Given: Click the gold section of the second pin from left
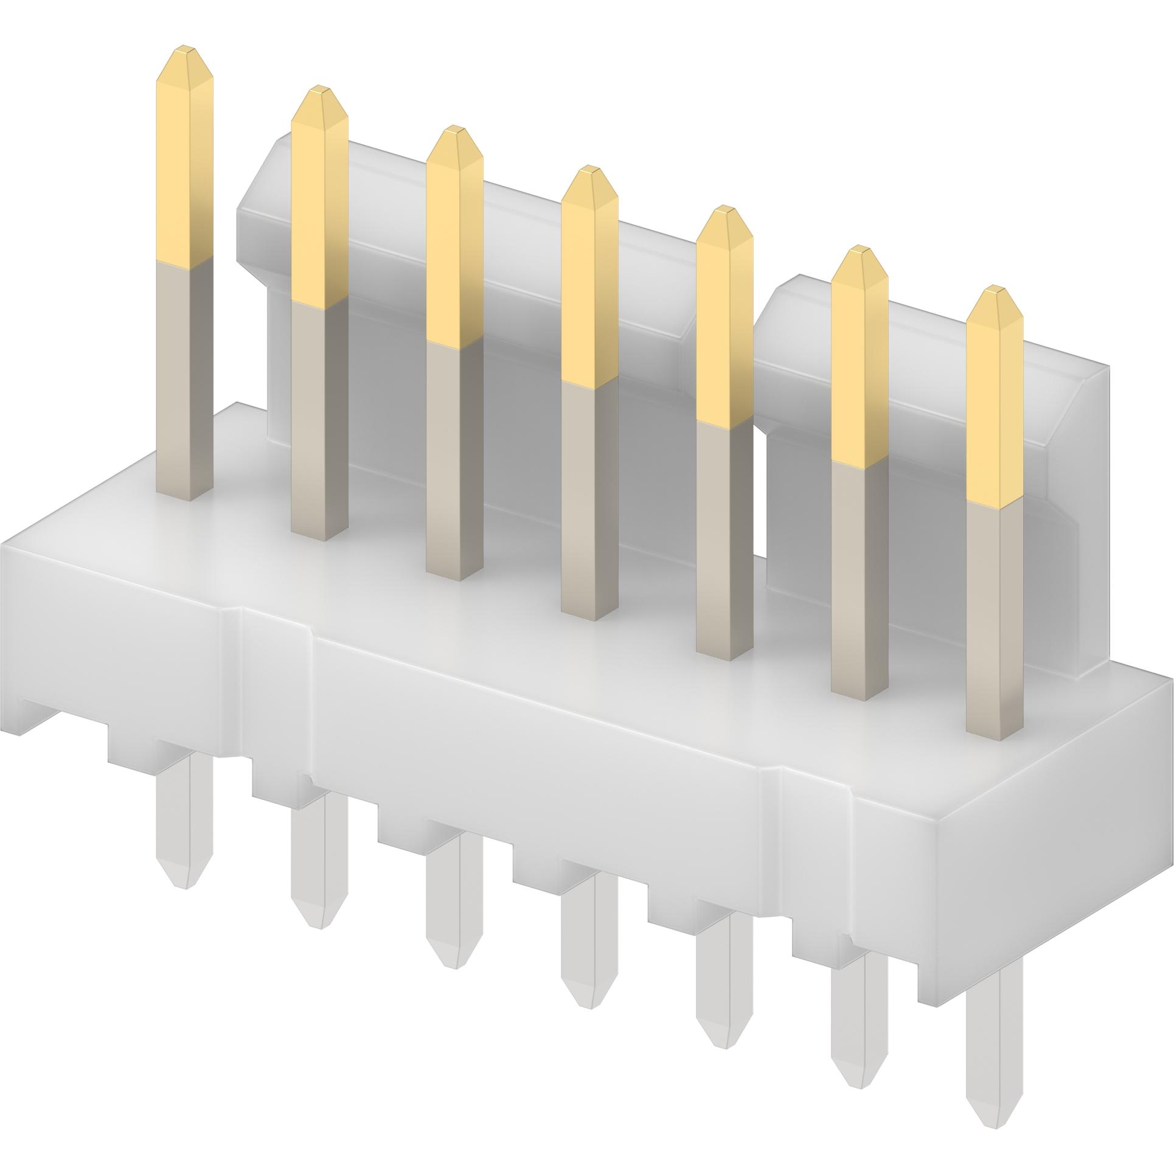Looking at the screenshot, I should point(319,201).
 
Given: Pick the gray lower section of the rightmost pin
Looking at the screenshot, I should point(995,608).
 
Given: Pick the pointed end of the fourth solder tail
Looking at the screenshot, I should point(588,998).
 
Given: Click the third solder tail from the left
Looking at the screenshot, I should point(454,937).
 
